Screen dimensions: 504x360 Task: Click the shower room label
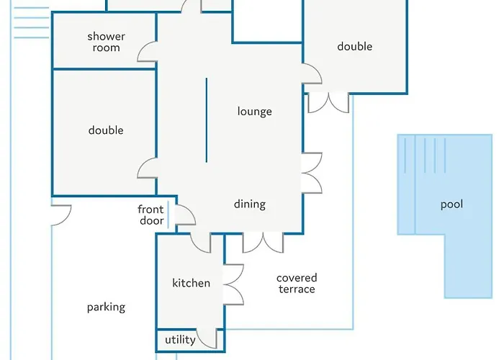[106, 42]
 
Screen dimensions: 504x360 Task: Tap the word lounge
[255, 112]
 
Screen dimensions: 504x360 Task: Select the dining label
[250, 204]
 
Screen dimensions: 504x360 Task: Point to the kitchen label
[192, 283]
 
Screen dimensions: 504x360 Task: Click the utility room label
[180, 340]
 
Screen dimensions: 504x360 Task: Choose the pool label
[451, 204]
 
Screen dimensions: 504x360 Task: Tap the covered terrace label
[297, 283]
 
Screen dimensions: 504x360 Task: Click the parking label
[106, 307]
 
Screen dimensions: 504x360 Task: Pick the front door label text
[150, 215]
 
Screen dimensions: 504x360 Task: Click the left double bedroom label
[106, 130]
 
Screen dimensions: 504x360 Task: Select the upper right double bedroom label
[355, 47]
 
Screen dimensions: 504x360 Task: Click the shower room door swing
[147, 51]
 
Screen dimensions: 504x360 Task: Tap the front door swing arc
[186, 215]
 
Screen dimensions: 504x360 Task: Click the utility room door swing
[207, 339]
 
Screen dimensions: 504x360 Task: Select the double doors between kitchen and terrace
[233, 284]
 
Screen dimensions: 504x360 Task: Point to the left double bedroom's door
[147, 168]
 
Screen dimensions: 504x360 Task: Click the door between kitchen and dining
[201, 243]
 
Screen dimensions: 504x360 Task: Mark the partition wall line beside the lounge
[207, 120]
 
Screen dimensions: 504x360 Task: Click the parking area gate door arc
[61, 215]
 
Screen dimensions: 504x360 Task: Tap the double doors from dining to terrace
[263, 243]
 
